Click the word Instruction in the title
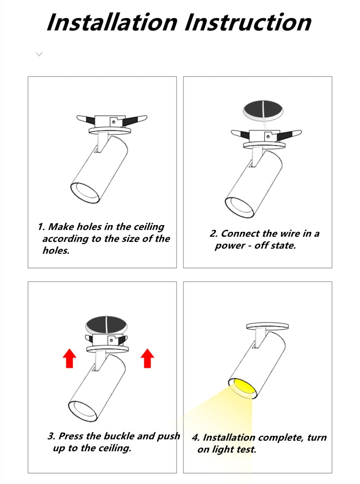coord(248,22)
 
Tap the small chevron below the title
coord(39,54)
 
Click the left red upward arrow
coord(69,358)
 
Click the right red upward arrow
coord(148,358)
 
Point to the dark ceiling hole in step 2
coord(263,110)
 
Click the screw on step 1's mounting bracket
coord(113,122)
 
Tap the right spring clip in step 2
coord(289,134)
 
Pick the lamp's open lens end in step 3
coord(83,411)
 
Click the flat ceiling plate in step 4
coord(267,326)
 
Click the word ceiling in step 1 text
coord(148,227)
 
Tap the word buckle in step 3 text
coord(119,436)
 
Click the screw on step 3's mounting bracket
coord(111,340)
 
